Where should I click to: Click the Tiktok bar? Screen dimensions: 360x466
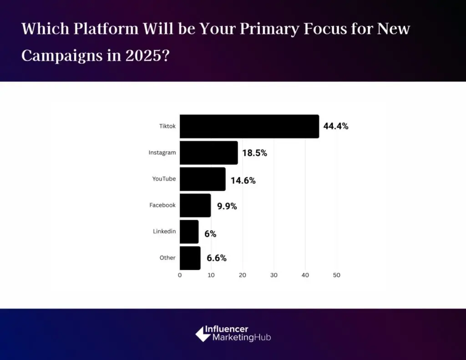click(x=249, y=127)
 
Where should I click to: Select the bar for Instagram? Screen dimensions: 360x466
click(x=208, y=153)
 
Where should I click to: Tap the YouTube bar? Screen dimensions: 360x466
click(x=203, y=179)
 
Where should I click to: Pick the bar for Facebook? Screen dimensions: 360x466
click(x=195, y=206)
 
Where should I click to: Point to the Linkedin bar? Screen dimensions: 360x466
click(x=189, y=232)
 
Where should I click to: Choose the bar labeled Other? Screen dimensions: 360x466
click(x=190, y=258)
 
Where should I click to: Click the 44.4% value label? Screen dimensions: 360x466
click(x=336, y=127)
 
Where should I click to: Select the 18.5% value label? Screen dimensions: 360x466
click(x=254, y=153)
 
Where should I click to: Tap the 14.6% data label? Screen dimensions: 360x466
click(x=243, y=180)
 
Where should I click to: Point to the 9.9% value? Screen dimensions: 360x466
click(x=227, y=206)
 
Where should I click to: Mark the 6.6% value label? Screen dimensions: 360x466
click(x=217, y=259)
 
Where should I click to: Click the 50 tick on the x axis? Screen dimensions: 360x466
click(x=336, y=275)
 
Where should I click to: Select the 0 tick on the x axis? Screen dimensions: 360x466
click(x=180, y=275)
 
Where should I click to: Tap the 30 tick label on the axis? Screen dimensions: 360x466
click(x=274, y=275)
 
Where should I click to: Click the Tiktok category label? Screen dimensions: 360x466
click(x=167, y=126)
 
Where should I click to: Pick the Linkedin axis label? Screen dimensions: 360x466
click(x=164, y=232)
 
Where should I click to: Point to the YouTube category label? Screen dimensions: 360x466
click(x=164, y=179)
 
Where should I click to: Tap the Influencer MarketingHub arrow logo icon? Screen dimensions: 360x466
click(x=203, y=334)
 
